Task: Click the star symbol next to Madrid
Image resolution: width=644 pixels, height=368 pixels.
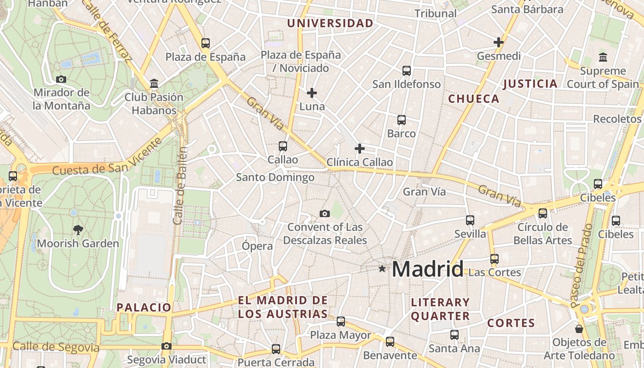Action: tap(382, 269)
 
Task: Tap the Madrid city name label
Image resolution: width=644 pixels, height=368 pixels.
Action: tap(427, 269)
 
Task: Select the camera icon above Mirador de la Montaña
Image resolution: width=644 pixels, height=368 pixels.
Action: tap(61, 79)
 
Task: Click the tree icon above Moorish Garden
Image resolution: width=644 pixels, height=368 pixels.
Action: tap(78, 230)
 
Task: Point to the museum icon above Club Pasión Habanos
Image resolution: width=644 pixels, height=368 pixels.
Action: tap(154, 84)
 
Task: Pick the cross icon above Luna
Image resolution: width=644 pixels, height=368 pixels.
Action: tap(312, 93)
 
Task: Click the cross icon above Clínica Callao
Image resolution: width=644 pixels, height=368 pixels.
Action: tap(360, 149)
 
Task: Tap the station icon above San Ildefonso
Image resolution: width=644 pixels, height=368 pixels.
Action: tap(407, 70)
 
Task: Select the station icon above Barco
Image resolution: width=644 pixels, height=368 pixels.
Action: tap(402, 120)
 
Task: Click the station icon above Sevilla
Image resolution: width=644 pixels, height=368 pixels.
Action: tap(470, 220)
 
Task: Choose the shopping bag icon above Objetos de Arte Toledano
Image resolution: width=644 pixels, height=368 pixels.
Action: tap(579, 329)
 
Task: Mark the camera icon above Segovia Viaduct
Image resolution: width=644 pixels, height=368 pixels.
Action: tap(167, 346)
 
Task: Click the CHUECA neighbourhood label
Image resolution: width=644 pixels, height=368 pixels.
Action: tap(474, 99)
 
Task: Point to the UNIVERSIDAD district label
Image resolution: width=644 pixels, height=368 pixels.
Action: tap(330, 23)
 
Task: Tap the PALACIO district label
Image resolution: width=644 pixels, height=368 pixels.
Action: tap(144, 307)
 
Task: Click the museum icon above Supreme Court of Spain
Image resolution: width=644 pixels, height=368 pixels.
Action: tap(603, 57)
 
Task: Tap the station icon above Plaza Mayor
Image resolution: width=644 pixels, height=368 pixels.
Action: tap(341, 322)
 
